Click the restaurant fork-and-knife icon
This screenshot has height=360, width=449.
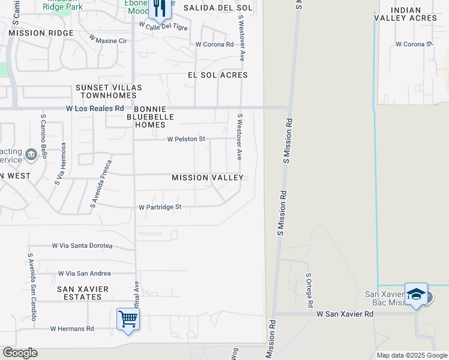tap(158, 8)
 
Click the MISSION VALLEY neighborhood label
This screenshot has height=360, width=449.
tap(208, 178)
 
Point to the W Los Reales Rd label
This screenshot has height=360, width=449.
tap(95, 109)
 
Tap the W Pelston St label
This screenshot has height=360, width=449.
tap(186, 139)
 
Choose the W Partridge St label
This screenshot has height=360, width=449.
tap(160, 207)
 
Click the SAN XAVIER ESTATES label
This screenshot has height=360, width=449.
tap(83, 293)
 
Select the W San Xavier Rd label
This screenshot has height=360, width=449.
tap(341, 314)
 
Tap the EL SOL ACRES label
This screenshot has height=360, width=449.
tap(218, 76)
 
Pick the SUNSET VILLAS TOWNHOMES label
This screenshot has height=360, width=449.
tap(109, 92)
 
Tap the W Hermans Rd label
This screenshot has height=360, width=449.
tap(72, 329)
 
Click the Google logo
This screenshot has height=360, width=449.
tap(20, 353)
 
